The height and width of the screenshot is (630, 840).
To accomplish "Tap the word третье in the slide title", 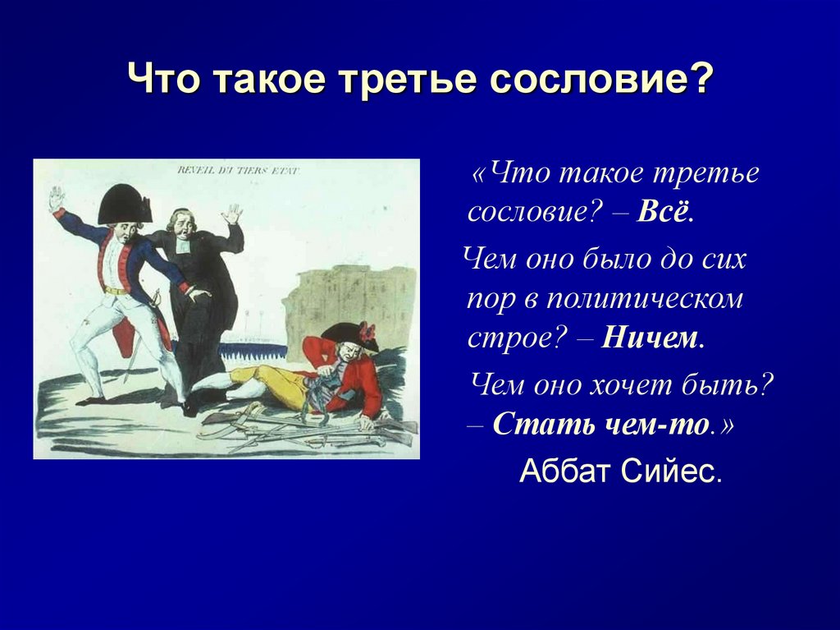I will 425,81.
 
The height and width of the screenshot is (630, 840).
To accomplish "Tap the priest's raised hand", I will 233,214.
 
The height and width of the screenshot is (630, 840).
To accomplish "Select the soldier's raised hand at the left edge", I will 56,199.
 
